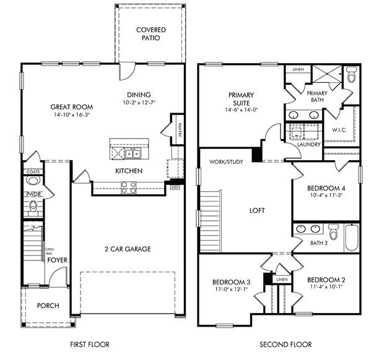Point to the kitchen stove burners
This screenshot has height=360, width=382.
128,187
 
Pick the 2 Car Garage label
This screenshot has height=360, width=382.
128,249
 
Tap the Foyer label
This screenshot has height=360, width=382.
58,260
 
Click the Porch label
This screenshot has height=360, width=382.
48,306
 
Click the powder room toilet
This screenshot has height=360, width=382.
33,181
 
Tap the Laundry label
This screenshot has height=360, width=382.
309,145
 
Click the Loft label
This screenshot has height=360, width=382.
257,210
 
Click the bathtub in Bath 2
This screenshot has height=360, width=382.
351,238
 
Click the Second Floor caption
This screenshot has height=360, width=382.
285,345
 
